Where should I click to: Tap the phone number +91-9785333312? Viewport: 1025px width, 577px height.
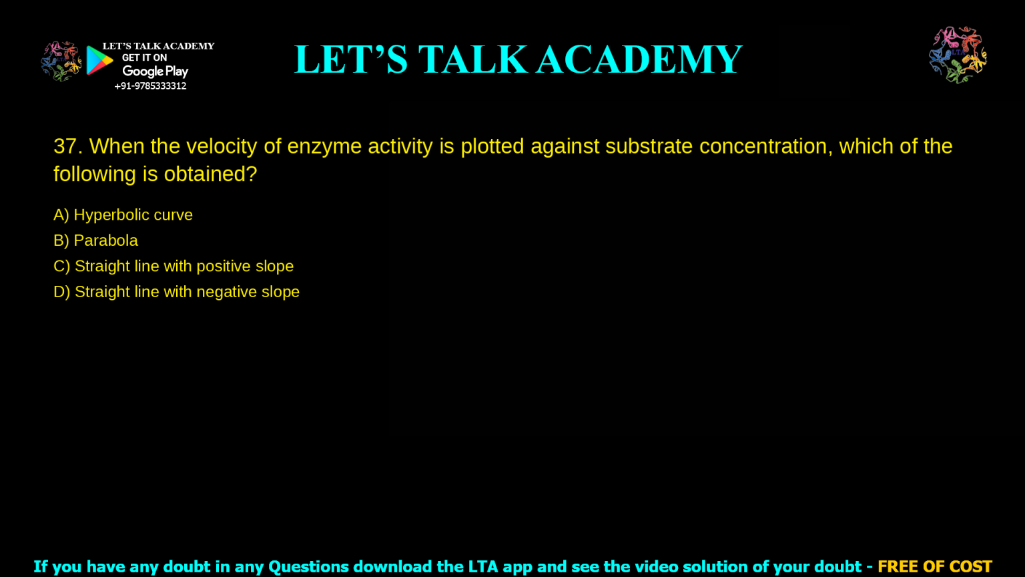[x=150, y=86]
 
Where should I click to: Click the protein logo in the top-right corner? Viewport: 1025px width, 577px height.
[x=958, y=55]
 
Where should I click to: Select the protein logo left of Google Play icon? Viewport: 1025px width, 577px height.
[x=61, y=61]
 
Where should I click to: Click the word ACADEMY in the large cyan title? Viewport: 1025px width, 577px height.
[x=639, y=59]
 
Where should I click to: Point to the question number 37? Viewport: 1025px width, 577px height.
[x=67, y=146]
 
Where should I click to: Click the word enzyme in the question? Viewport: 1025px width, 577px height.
[x=324, y=147]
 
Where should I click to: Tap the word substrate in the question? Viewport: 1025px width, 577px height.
[x=649, y=146]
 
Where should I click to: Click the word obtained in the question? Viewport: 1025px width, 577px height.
[x=210, y=174]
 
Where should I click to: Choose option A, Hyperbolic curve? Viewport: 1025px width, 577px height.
[x=123, y=215]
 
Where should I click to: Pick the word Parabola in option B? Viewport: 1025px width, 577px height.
[x=105, y=240]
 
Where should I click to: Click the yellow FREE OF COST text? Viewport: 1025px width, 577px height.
[x=935, y=566]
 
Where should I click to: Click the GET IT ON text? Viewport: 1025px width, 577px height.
[x=144, y=57]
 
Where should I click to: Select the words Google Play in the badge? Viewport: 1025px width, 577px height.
[x=155, y=71]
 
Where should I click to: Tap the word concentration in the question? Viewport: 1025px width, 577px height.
[x=765, y=147]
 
